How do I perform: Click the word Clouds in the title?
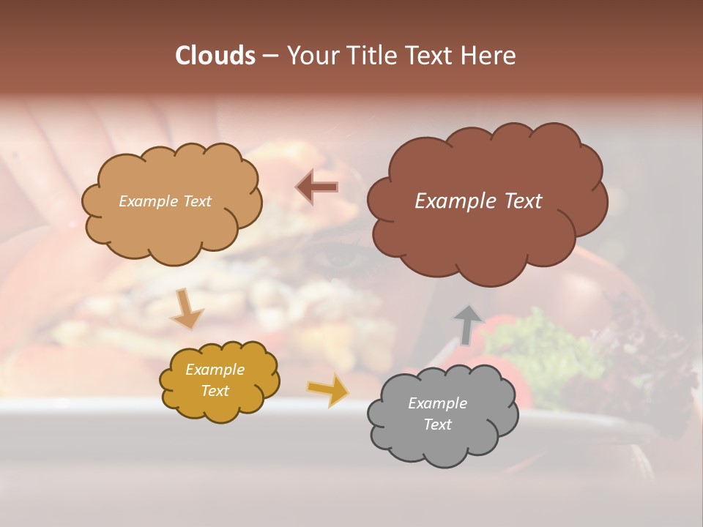tap(215, 56)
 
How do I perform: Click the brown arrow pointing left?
tap(317, 187)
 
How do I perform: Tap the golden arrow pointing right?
tap(329, 389)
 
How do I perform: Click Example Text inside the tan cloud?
tap(165, 201)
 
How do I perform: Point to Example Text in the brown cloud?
tap(478, 201)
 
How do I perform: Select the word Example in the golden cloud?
tap(215, 370)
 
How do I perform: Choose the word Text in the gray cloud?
tap(437, 425)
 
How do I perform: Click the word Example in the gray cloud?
tap(437, 403)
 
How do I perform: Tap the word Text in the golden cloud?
tap(215, 391)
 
